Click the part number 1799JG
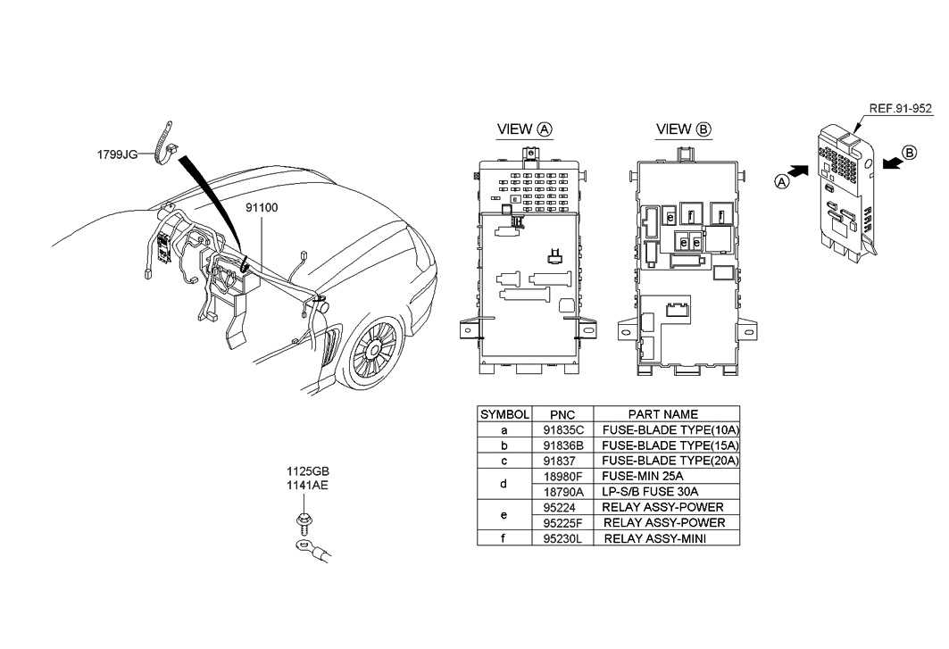(117, 154)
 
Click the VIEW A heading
(524, 129)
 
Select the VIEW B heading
(684, 129)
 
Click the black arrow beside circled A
(801, 169)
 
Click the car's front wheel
(374, 349)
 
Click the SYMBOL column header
(505, 414)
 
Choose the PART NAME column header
(662, 414)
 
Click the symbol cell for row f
(504, 538)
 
